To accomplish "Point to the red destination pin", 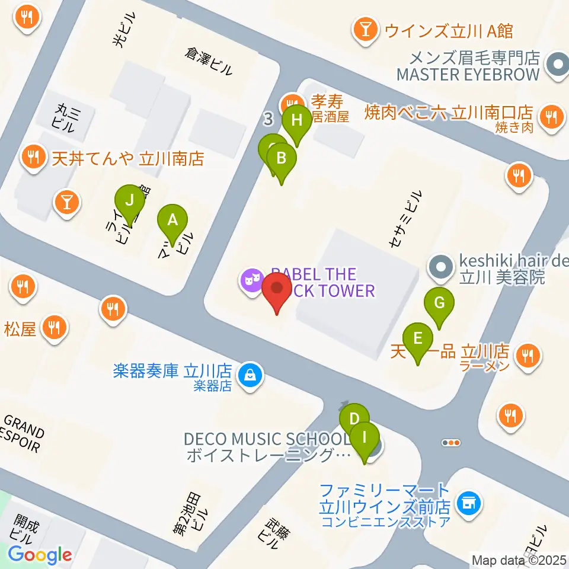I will click(x=277, y=293).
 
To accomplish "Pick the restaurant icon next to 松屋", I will click(x=55, y=327).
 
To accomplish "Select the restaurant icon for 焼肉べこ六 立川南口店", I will click(x=551, y=116).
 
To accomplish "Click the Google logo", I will click(x=40, y=555).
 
